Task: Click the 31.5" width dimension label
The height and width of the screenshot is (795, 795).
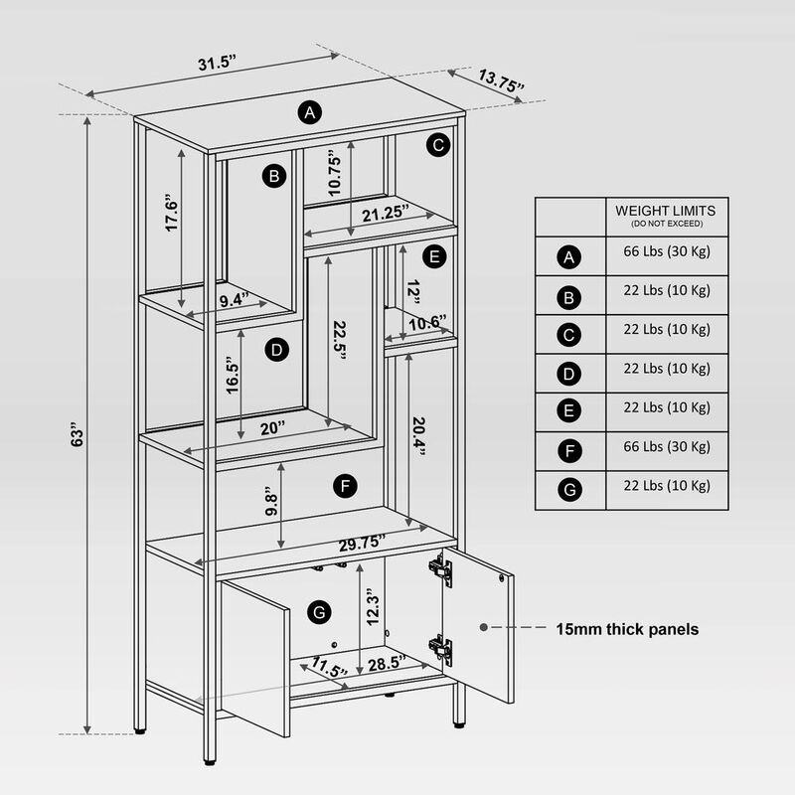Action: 216,64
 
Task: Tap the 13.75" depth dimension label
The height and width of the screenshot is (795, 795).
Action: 501,80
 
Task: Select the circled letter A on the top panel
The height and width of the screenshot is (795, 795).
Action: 310,112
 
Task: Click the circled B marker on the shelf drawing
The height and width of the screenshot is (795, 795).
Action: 274,177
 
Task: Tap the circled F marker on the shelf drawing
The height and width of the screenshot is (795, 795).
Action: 344,485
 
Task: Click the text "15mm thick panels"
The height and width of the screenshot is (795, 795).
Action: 626,629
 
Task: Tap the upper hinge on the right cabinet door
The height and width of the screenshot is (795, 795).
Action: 440,569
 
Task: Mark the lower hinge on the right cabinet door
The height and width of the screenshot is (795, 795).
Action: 441,649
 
